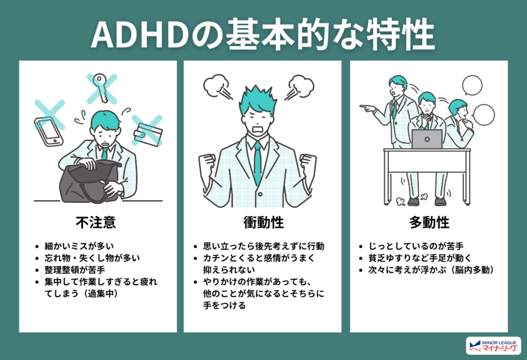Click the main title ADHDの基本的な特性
[x=263, y=34]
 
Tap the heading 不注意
[x=96, y=222]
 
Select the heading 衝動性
[x=263, y=222]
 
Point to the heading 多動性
[x=429, y=222]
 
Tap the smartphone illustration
[x=49, y=132]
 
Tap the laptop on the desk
[x=427, y=139]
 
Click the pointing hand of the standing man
[x=367, y=109]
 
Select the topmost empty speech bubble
[x=472, y=86]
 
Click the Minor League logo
[x=494, y=346]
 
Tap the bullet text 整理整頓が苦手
[x=75, y=269]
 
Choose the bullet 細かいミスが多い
[x=79, y=246]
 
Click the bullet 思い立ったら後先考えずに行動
[x=263, y=246]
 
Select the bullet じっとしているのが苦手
[x=416, y=246]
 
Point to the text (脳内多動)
[x=472, y=269]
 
